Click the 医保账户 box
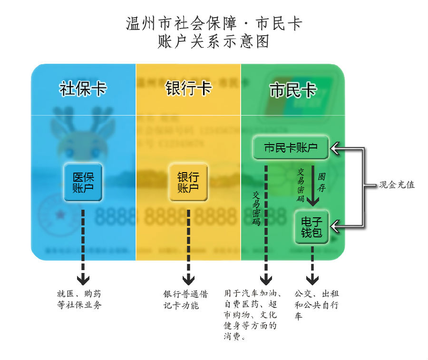[83, 182]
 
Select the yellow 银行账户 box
[188, 182]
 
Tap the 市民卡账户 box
[291, 148]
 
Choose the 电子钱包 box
[312, 227]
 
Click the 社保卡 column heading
[83, 89]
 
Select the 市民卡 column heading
[293, 90]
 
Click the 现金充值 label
[397, 185]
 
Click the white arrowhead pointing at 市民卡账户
[336, 149]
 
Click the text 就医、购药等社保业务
[79, 300]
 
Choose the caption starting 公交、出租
[316, 305]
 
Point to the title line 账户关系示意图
[214, 42]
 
